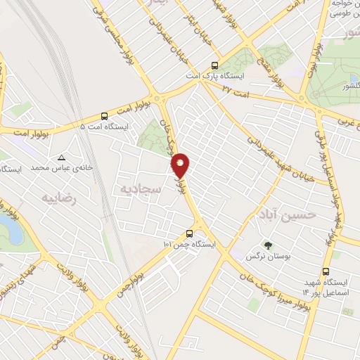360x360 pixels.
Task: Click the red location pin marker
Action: pyautogui.click(x=181, y=165)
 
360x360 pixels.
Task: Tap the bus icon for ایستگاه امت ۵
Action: pyautogui.click(x=105, y=116)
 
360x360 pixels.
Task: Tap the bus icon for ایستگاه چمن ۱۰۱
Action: pyautogui.click(x=189, y=234)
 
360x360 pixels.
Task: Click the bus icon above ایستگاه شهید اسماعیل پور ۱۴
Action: pyautogui.click(x=326, y=271)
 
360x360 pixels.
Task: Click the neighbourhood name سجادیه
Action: pyautogui.click(x=141, y=190)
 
